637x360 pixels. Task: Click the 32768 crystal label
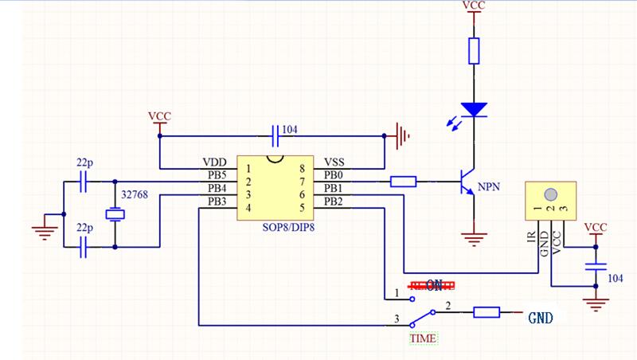pyautogui.click(x=133, y=195)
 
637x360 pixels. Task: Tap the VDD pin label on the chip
pyautogui.click(x=216, y=162)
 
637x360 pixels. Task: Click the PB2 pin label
pyautogui.click(x=335, y=201)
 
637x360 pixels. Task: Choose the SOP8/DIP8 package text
pyautogui.click(x=287, y=228)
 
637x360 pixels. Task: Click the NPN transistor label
pyautogui.click(x=488, y=188)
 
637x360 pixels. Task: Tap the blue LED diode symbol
pyautogui.click(x=475, y=110)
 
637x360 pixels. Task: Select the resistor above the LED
pyautogui.click(x=475, y=51)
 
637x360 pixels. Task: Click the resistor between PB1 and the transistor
pyautogui.click(x=404, y=182)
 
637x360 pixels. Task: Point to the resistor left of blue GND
pyautogui.click(x=487, y=312)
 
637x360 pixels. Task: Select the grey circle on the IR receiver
pyautogui.click(x=549, y=194)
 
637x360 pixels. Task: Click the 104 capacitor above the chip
pyautogui.click(x=276, y=135)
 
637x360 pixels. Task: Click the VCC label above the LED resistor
pyautogui.click(x=475, y=6)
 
